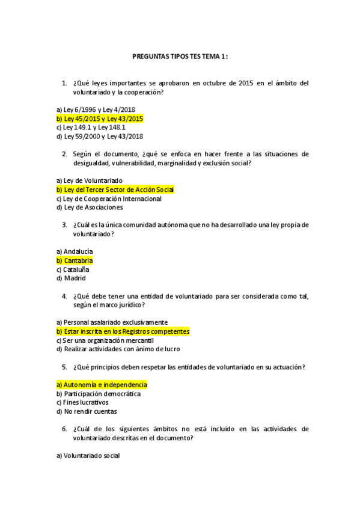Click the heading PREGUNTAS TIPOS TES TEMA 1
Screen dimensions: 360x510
(x=180, y=57)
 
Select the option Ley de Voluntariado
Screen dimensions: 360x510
(x=89, y=180)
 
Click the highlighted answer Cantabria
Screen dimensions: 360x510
(x=75, y=260)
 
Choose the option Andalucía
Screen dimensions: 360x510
(x=75, y=251)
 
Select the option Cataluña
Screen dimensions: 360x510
(x=73, y=269)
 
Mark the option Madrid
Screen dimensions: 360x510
(x=71, y=278)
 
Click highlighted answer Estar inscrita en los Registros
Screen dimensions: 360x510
(x=123, y=331)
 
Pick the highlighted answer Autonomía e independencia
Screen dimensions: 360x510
(x=101, y=384)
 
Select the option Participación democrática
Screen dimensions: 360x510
(x=98, y=393)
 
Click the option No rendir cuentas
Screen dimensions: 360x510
(x=86, y=411)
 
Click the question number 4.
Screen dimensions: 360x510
(x=64, y=296)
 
